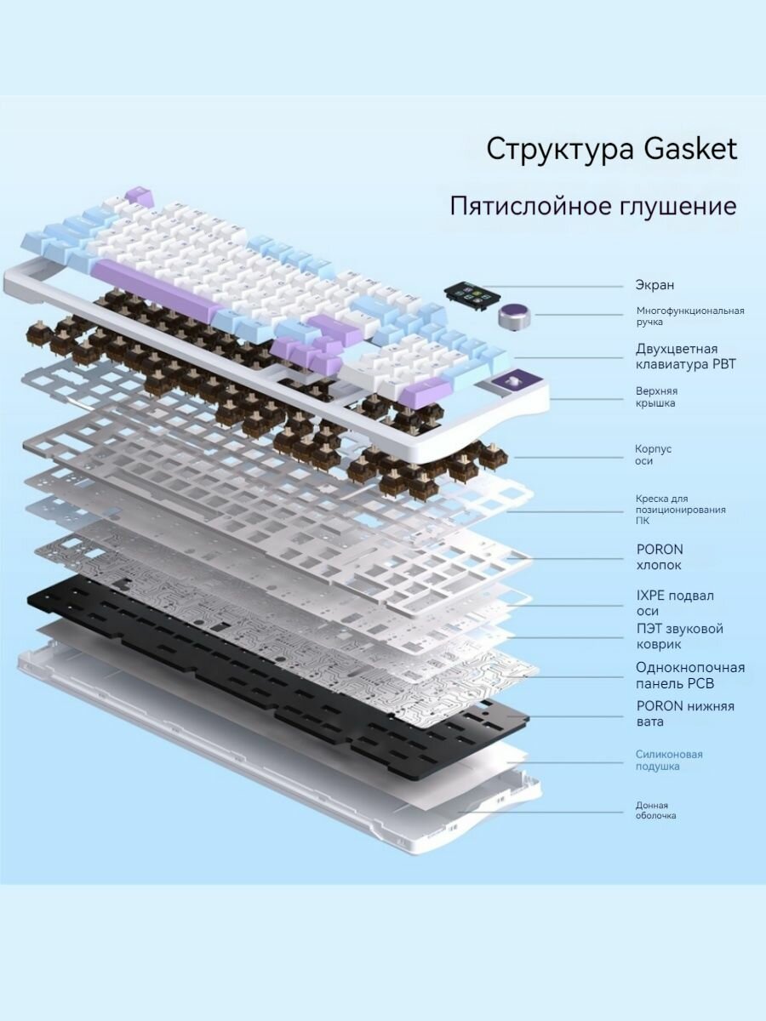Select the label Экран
655,285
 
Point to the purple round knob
516,317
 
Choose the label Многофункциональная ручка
690,317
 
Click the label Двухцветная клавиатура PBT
686,356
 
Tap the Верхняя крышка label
657,396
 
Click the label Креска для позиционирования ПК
680,510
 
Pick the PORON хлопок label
660,557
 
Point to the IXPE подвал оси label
675,603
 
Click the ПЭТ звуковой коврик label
679,636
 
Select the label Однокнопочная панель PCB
690,676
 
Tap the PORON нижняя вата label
685,714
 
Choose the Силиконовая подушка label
669,760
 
